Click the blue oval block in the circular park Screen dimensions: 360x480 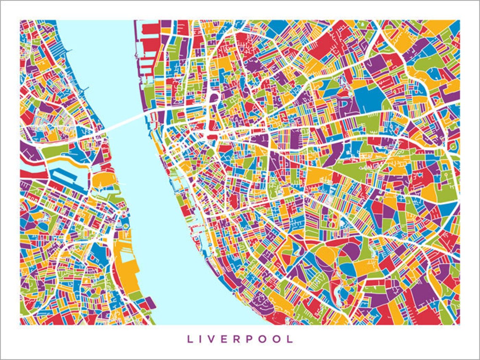pyautogui.click(x=348, y=269)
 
